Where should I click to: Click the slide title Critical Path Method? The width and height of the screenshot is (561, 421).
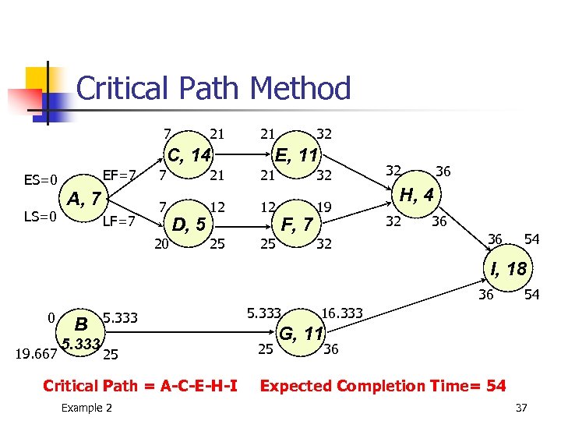click(213, 88)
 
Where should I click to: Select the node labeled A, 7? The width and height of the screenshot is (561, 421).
click(83, 200)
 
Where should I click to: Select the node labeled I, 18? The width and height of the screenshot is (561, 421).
click(509, 270)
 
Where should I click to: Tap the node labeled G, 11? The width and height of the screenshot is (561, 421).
click(301, 334)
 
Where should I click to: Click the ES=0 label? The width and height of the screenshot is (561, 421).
click(41, 181)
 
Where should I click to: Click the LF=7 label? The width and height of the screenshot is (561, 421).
click(120, 221)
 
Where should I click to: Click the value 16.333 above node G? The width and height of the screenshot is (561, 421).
click(340, 313)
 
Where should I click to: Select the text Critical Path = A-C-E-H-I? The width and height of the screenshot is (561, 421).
click(140, 385)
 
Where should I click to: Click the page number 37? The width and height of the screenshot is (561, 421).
click(521, 408)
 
